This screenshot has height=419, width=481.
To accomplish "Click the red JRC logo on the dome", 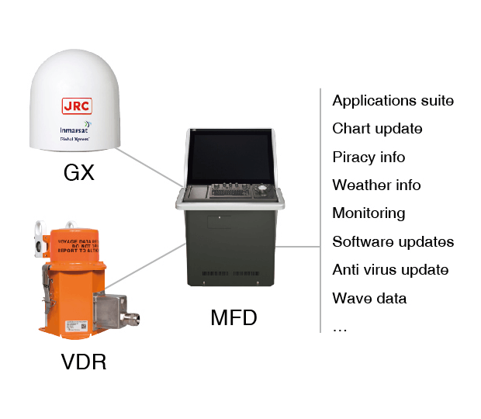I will (76, 106).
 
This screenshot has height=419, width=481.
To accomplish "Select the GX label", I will (78, 171).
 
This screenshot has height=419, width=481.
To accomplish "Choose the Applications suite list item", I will (393, 101).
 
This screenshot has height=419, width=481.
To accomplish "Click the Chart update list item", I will (377, 129).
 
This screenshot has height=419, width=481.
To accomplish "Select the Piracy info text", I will (369, 157).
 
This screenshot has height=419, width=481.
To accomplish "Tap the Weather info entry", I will (376, 185).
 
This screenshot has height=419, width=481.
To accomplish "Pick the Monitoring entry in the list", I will (369, 213).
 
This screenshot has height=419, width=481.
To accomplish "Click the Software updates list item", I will (393, 241).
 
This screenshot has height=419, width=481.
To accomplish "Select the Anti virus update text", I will (390, 270).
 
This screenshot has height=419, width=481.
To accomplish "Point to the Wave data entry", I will (369, 298).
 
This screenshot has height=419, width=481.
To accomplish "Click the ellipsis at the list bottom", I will (340, 328).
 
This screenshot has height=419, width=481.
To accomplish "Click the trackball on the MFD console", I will (262, 188).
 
